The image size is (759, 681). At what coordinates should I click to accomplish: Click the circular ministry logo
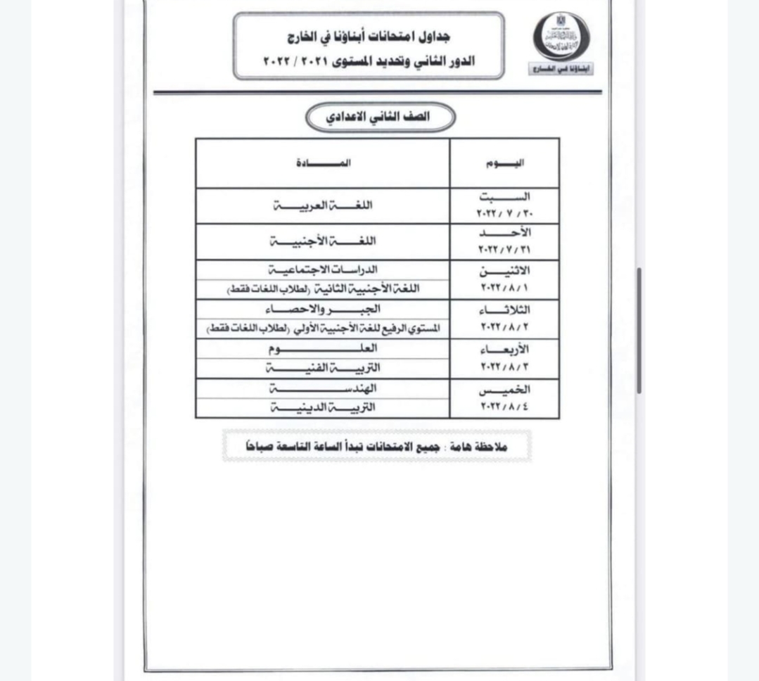point(561,36)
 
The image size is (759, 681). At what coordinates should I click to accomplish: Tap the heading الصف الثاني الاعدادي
point(381,117)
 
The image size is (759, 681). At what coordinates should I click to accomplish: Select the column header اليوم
point(504,163)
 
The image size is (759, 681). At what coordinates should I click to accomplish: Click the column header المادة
point(323,163)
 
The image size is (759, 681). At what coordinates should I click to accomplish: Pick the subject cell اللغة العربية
point(323,205)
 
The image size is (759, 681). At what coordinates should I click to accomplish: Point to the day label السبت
point(504,198)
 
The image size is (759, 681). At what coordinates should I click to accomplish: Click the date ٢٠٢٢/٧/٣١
point(504,250)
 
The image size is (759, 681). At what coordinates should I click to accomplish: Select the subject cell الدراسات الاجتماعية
point(323,269)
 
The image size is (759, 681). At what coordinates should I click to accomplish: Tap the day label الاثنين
point(504,272)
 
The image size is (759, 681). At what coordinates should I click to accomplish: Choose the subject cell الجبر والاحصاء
point(323,309)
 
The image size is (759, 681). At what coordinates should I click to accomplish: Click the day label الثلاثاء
point(504,310)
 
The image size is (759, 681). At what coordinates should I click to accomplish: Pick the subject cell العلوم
point(323,348)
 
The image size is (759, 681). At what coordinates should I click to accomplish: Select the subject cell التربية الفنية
point(323,367)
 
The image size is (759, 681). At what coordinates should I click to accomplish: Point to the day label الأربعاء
point(504,350)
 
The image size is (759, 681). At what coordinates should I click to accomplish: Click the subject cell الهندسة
point(323,388)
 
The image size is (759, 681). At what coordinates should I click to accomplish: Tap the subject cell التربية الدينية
point(323,407)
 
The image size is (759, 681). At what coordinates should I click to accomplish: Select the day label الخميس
point(504,390)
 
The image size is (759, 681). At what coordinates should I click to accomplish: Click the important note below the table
point(376,447)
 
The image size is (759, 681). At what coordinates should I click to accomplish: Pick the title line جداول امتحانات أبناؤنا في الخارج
point(369,36)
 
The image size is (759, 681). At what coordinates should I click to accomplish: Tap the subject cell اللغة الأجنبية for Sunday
point(323,241)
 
